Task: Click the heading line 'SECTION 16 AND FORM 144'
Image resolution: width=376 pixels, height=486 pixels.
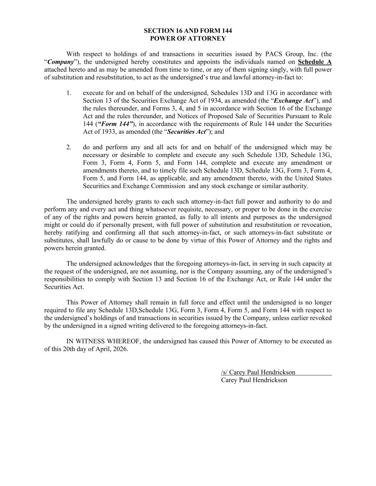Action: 188,31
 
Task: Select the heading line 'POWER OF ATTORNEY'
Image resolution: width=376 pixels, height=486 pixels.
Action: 188,39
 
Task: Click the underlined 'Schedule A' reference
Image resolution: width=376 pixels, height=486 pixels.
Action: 315,62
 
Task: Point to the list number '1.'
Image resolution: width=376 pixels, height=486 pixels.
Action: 69,93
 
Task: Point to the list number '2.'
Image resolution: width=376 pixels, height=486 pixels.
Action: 69,147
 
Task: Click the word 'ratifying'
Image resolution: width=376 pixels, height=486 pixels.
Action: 78,232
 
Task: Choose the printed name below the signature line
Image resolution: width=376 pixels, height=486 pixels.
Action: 254,380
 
